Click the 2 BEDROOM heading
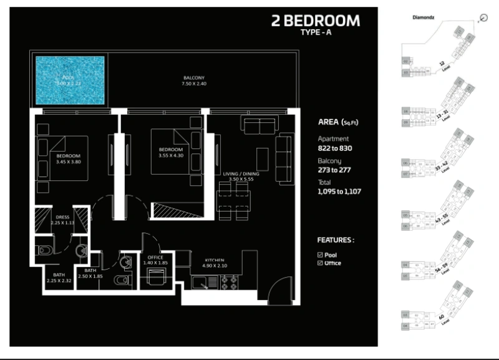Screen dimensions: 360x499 tap(316, 21)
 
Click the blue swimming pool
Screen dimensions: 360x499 tap(69, 80)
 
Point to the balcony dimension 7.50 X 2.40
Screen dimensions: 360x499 tap(193, 84)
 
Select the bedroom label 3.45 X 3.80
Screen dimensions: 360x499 tap(68, 159)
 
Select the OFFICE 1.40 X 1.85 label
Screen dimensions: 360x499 tap(155, 261)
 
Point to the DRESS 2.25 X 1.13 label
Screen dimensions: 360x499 tap(62, 220)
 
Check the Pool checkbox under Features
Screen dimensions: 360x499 tap(320, 255)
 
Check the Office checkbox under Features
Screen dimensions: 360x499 tap(320, 263)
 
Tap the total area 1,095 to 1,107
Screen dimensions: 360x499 tap(340, 192)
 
